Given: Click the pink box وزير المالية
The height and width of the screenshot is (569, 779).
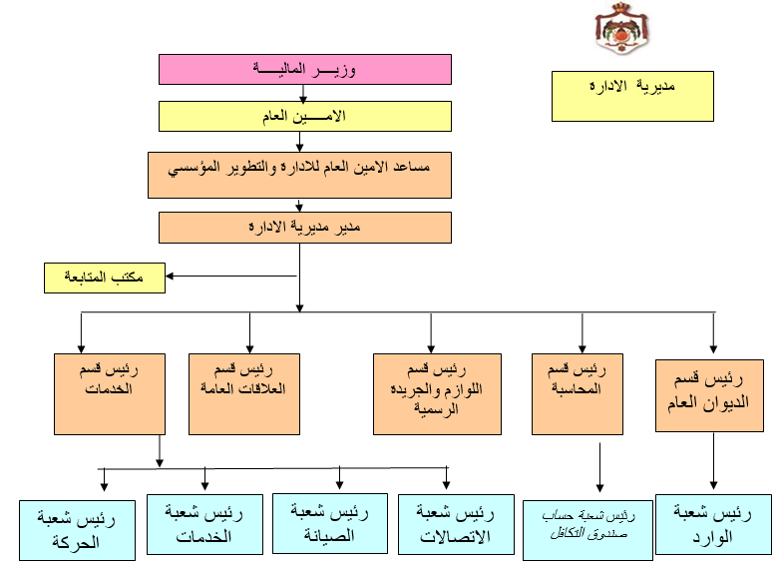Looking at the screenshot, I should pyautogui.click(x=305, y=69).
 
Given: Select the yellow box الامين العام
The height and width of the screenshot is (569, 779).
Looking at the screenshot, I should pyautogui.click(x=305, y=117).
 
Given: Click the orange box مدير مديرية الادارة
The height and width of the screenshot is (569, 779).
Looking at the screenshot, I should pyautogui.click(x=305, y=228).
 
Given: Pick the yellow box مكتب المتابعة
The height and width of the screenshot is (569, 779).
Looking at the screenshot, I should pyautogui.click(x=105, y=278).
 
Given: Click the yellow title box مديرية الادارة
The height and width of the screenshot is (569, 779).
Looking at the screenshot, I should pyautogui.click(x=632, y=95).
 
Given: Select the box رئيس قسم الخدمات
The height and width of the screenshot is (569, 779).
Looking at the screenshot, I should pyautogui.click(x=110, y=392).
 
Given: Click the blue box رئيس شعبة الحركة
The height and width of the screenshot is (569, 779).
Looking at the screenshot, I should pyautogui.click(x=78, y=530).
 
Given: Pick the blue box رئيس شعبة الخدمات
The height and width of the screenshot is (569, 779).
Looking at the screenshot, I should pyautogui.click(x=203, y=525).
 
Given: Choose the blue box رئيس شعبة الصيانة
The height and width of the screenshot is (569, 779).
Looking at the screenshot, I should pyautogui.click(x=329, y=523).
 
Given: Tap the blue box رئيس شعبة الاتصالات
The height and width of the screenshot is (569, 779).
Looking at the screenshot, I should pyautogui.click(x=455, y=524).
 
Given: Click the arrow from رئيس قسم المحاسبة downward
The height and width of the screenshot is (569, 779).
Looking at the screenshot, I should pyautogui.click(x=598, y=469).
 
